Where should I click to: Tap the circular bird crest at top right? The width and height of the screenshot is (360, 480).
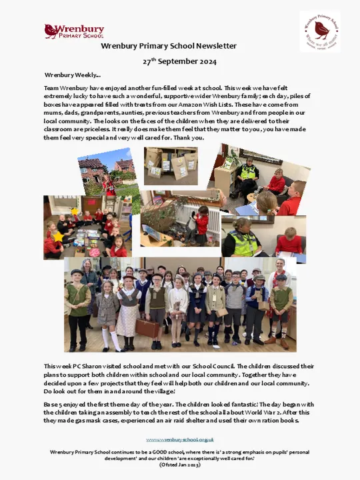319,31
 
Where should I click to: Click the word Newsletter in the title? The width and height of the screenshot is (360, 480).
212,46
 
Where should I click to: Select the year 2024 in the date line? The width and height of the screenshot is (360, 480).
205,61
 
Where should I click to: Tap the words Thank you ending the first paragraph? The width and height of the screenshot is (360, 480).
189,138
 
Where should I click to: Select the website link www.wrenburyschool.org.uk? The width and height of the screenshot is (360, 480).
180,439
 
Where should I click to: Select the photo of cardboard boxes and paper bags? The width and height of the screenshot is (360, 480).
171,165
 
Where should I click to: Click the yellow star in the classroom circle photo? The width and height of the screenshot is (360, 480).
59,237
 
